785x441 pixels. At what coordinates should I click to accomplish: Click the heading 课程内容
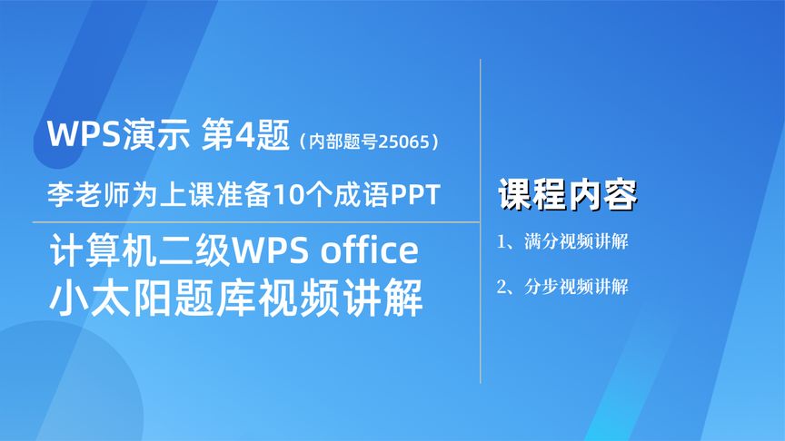tap(568, 194)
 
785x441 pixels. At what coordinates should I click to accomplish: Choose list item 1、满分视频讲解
tap(563, 243)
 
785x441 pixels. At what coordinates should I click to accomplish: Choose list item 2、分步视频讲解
tap(563, 288)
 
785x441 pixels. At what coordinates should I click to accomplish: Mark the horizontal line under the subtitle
tap(254, 221)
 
